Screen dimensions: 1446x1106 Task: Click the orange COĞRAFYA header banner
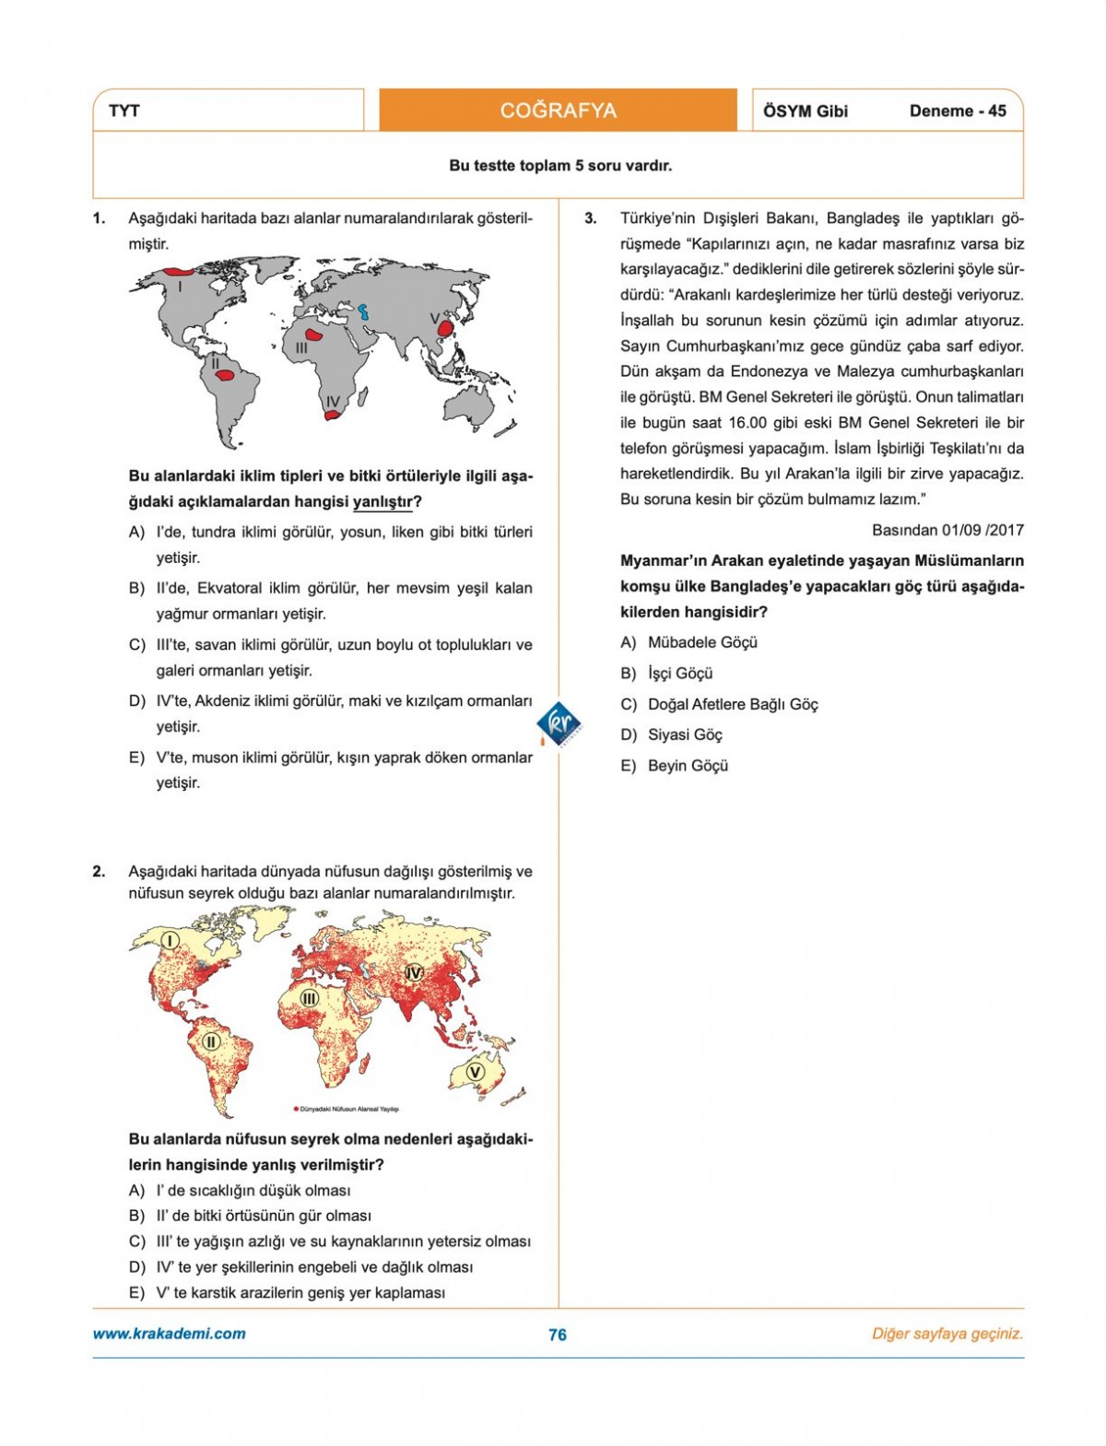pyautogui.click(x=558, y=111)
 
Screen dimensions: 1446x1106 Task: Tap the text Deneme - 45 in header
pyautogui.click(x=958, y=111)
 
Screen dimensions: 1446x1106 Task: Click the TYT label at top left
pyautogui.click(x=124, y=111)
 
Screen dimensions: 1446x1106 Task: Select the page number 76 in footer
pyautogui.click(x=558, y=1334)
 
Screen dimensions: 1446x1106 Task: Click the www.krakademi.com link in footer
pyautogui.click(x=170, y=1334)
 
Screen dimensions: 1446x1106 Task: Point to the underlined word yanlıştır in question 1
pyautogui.click(x=382, y=502)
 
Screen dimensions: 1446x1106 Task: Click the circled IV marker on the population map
pyautogui.click(x=414, y=972)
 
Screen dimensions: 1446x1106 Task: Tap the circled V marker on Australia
pyautogui.click(x=475, y=1072)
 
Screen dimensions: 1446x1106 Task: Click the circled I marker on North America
pyautogui.click(x=170, y=940)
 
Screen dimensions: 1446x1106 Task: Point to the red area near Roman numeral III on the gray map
pyautogui.click(x=315, y=335)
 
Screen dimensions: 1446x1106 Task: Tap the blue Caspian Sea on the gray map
pyautogui.click(x=364, y=312)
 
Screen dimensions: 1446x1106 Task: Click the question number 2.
pyautogui.click(x=99, y=871)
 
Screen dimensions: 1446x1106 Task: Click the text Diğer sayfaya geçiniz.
pyautogui.click(x=947, y=1334)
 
